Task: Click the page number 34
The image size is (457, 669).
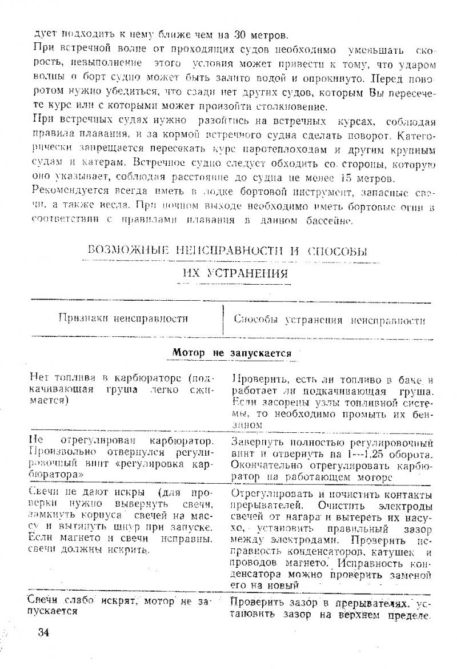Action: (x=44, y=632)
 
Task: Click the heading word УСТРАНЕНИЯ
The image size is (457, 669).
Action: (x=244, y=274)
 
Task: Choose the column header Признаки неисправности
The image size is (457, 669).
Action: (x=123, y=319)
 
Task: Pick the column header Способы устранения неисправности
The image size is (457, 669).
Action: (x=330, y=320)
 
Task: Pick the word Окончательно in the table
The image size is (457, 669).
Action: (x=260, y=465)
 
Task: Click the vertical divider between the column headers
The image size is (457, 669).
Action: (x=223, y=320)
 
